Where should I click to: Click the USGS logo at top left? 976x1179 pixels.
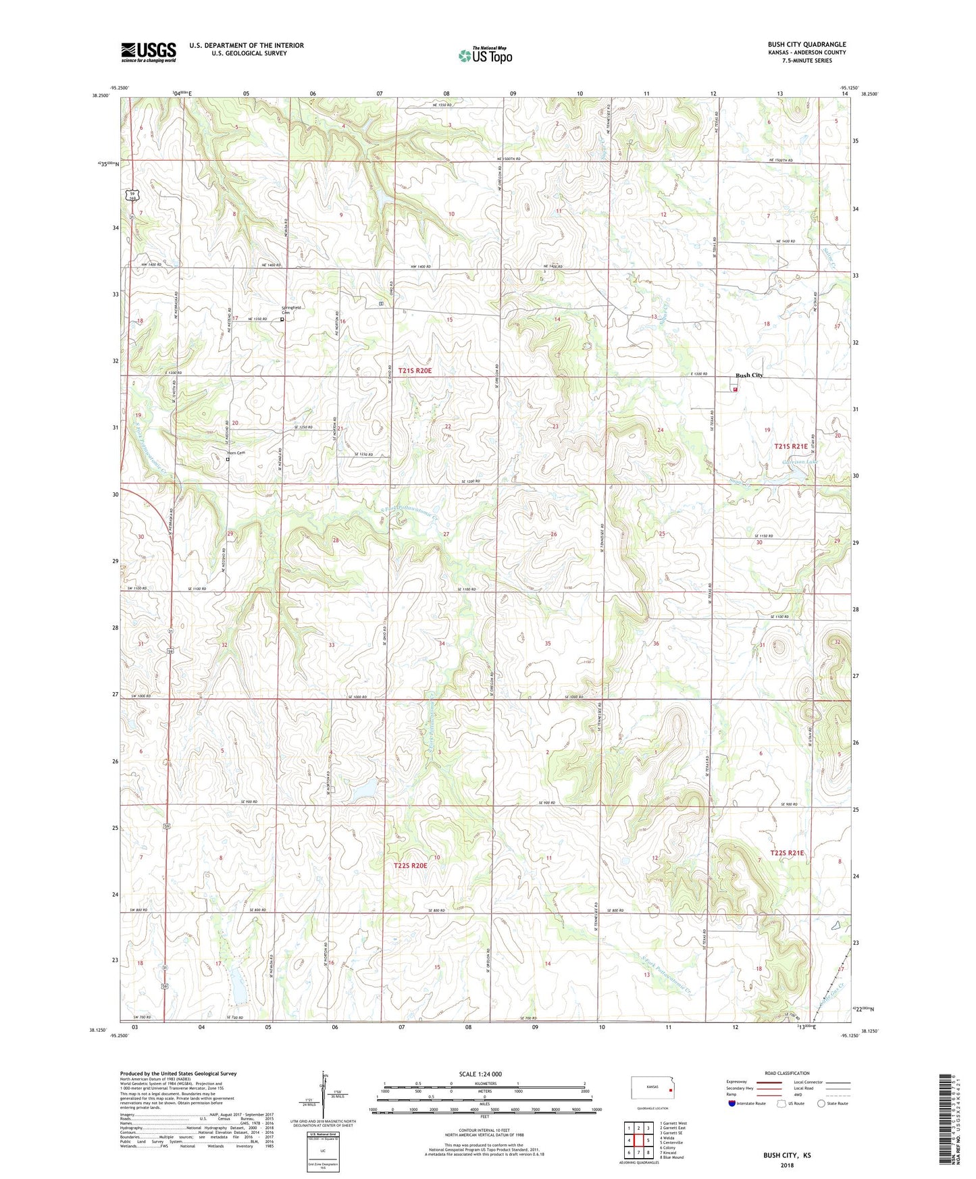149,51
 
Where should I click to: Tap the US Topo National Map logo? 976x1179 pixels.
485,55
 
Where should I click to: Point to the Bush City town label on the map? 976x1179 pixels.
749,375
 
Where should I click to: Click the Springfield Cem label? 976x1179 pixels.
291,310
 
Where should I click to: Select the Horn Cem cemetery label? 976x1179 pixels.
235,452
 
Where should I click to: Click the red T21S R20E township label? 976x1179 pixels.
414,371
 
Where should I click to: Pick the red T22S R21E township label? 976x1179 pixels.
788,853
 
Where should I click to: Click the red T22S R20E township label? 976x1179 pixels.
410,865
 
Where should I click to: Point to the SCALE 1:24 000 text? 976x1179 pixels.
480,1074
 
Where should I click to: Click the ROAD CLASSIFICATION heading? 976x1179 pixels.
787,1073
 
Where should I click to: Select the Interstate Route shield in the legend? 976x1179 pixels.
732,1104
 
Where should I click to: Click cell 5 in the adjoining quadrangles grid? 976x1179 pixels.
648,1141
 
